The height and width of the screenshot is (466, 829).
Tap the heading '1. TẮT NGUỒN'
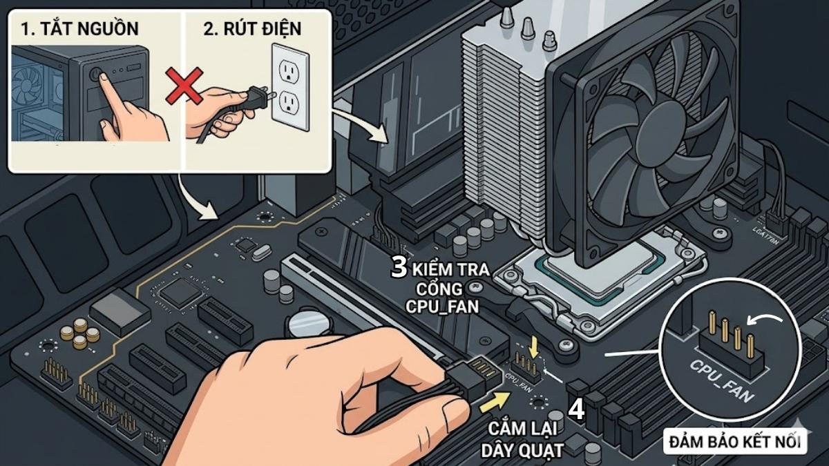pyautogui.click(x=79, y=29)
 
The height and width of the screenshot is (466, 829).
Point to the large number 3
pyautogui.click(x=399, y=267)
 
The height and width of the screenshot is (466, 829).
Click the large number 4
pyautogui.click(x=576, y=409)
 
